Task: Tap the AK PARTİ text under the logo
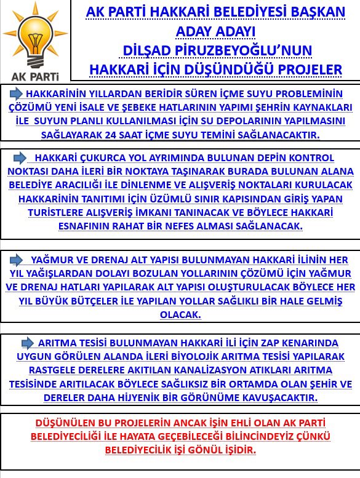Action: coord(36,77)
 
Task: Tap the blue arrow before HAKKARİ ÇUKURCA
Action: coord(20,157)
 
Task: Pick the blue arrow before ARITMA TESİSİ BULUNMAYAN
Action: coord(28,343)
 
